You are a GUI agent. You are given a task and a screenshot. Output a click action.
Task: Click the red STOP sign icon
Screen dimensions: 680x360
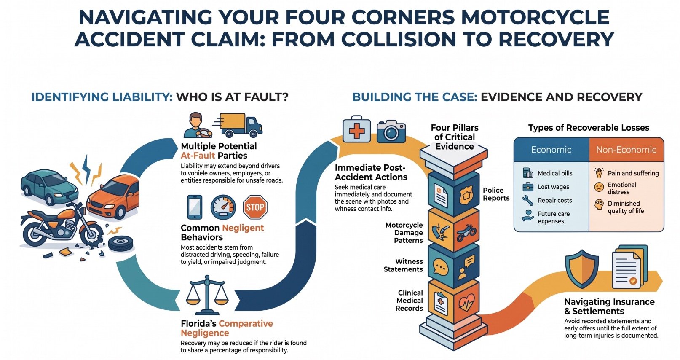[x=255, y=207]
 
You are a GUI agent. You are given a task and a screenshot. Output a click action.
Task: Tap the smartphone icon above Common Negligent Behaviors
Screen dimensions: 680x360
[x=195, y=207]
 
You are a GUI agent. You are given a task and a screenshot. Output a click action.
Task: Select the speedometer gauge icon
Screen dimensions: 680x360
[x=223, y=207]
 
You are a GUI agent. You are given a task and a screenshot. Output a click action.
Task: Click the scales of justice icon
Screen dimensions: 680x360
[x=207, y=295]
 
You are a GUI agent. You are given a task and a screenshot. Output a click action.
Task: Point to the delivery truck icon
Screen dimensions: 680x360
[x=238, y=125]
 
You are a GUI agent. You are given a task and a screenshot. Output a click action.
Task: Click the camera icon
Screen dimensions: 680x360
[x=391, y=131]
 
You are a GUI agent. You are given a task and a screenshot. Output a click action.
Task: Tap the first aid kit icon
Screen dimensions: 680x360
[x=357, y=129]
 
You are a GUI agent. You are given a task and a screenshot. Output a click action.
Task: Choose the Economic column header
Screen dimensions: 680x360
[x=551, y=150]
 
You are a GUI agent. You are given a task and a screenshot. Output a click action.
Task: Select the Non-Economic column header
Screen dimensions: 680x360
[x=626, y=150]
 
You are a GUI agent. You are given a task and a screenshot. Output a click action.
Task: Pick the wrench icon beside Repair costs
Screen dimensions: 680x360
[x=527, y=201]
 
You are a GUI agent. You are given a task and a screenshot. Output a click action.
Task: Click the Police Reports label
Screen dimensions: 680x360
[x=496, y=194]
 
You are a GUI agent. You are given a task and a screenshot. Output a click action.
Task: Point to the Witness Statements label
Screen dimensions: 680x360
[x=403, y=265]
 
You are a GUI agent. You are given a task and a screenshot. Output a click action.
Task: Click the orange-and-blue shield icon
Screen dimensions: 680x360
[x=582, y=269]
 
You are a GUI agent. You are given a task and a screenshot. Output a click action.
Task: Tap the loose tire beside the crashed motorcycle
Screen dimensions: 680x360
[x=120, y=244]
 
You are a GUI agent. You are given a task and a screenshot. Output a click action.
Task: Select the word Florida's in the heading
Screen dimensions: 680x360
[x=198, y=324]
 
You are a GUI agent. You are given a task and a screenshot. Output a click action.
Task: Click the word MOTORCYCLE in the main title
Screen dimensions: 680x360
[x=535, y=17]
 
